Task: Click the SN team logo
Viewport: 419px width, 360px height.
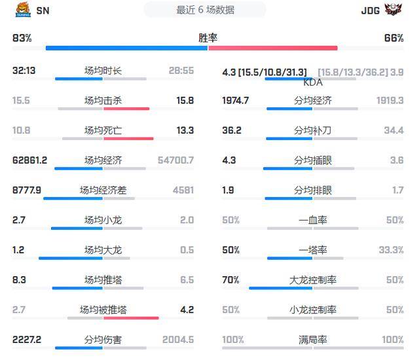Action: pos(21,10)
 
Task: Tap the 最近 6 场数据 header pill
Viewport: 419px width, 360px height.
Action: pos(206,10)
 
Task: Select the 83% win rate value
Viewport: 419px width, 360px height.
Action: pos(22,39)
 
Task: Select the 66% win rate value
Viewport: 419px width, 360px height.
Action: pos(394,39)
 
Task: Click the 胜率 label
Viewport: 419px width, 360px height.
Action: pos(208,39)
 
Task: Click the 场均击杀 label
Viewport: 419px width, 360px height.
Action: pos(103,101)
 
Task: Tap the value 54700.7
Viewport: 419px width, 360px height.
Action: pos(175,160)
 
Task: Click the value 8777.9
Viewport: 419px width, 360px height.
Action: pos(27,190)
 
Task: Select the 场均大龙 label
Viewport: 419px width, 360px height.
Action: pos(103,250)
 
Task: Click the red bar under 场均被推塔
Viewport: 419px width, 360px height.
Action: pos(131,318)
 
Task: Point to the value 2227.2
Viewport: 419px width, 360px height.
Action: pos(27,340)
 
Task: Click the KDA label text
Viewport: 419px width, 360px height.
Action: pos(313,83)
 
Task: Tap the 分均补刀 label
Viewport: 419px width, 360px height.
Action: pos(313,131)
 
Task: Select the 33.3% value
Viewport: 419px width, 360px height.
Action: pos(391,250)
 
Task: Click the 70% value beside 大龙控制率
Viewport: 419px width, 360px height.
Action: pos(230,280)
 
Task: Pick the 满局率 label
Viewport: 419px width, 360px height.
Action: pos(313,340)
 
